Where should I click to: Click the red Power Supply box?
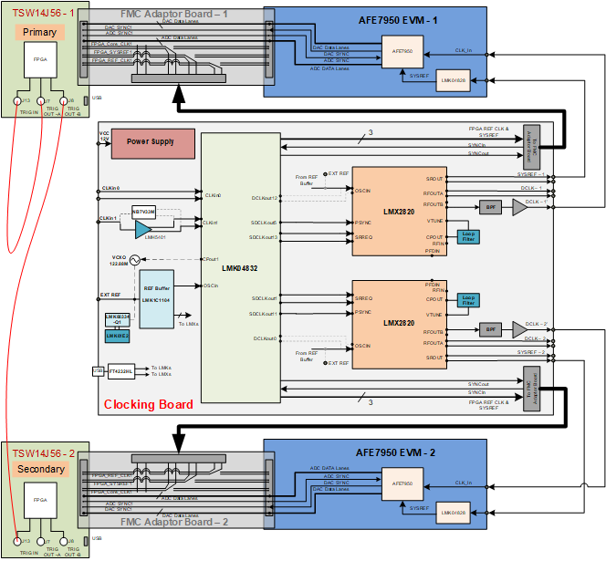(x=153, y=142)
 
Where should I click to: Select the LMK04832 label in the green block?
(x=240, y=268)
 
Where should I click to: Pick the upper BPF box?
(x=490, y=207)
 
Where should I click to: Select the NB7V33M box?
(x=144, y=211)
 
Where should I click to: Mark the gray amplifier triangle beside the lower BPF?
(x=519, y=328)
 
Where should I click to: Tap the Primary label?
(x=39, y=32)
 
